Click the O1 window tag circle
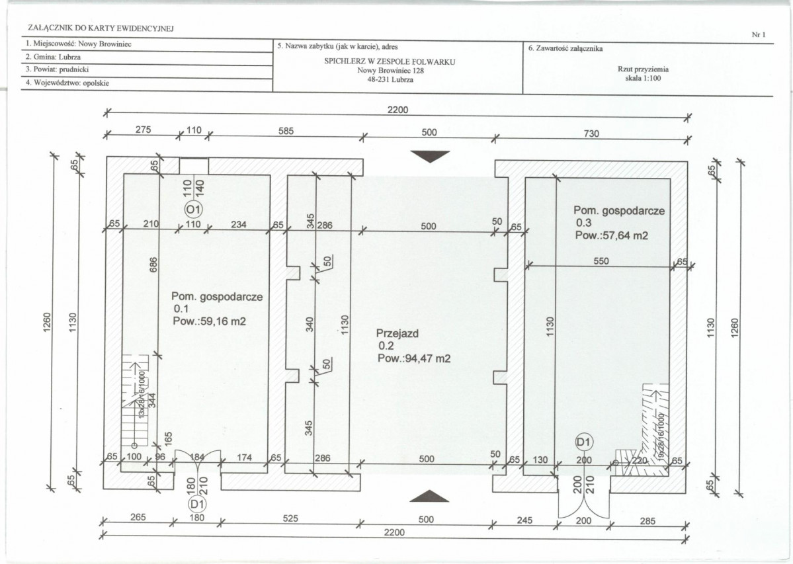[x=192, y=209]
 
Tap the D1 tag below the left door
[x=197, y=504]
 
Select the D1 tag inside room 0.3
[x=583, y=442]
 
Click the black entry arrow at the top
[x=430, y=157]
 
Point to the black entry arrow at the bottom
[x=429, y=497]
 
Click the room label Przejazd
[x=397, y=333]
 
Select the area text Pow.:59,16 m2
[x=210, y=321]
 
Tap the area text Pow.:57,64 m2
[x=611, y=235]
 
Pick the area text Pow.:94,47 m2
[x=413, y=358]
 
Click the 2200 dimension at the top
[x=397, y=110]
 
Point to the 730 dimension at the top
[x=591, y=134]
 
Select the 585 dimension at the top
[x=286, y=132]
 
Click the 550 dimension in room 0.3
[x=601, y=261]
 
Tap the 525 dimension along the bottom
[x=290, y=518]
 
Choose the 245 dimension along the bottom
[x=524, y=520]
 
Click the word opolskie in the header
[x=96, y=83]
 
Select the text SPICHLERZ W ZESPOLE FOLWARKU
[x=390, y=61]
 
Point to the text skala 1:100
[x=643, y=78]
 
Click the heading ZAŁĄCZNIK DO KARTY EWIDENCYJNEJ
[x=101, y=28]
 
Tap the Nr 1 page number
[x=759, y=35]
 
